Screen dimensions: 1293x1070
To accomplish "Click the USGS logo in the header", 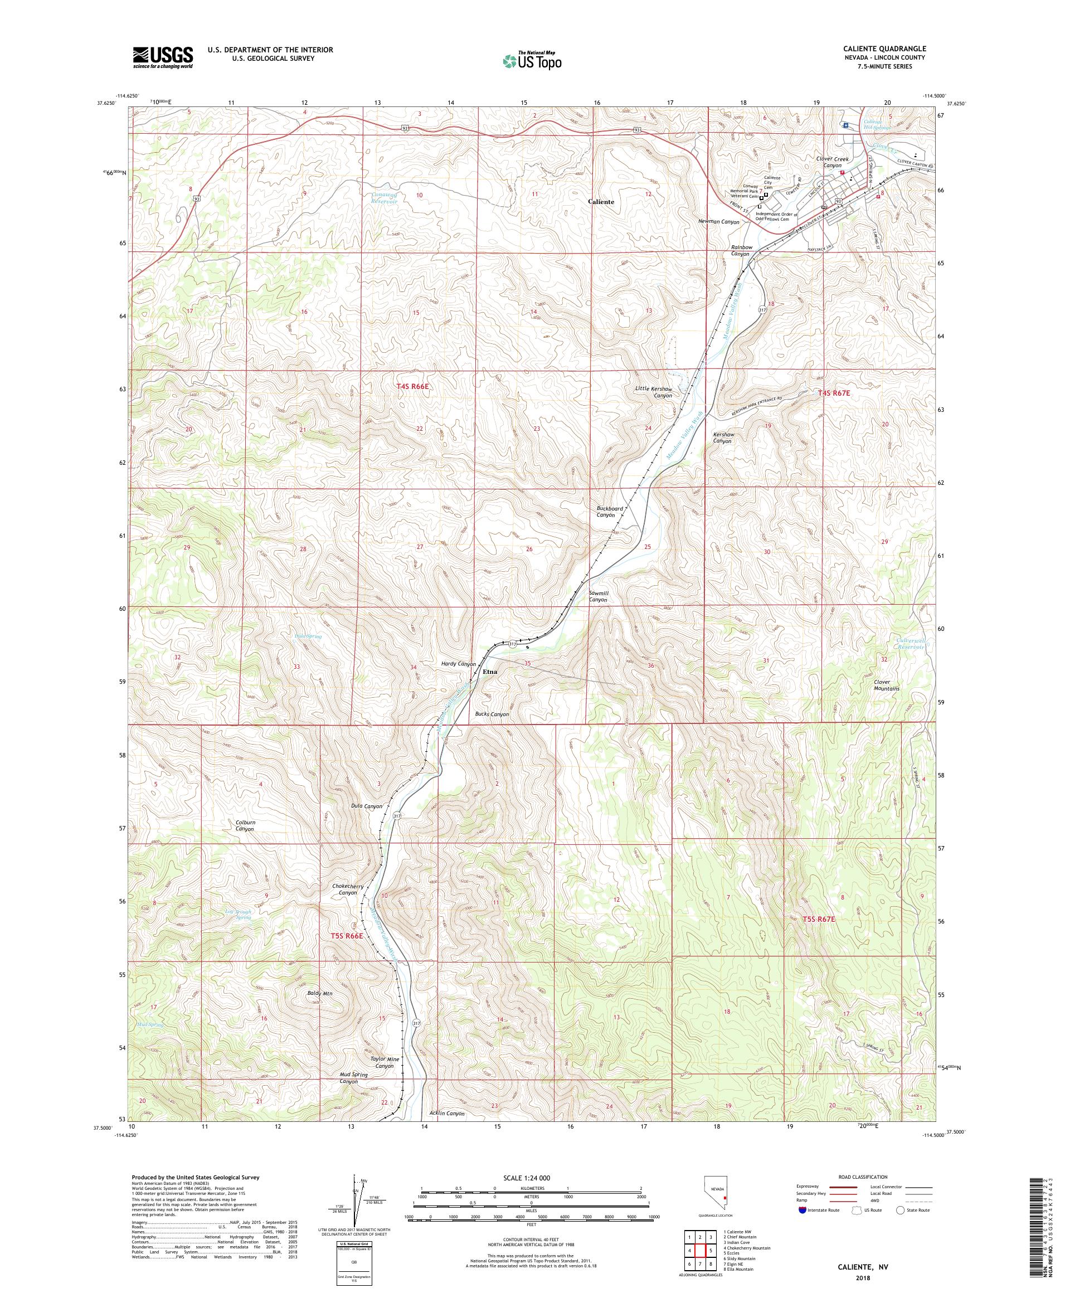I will tap(163, 57).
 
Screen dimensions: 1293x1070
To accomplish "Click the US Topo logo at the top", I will tap(533, 60).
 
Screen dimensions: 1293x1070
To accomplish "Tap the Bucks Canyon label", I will tap(492, 714).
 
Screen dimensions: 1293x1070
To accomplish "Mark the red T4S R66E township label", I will tap(412, 386).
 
